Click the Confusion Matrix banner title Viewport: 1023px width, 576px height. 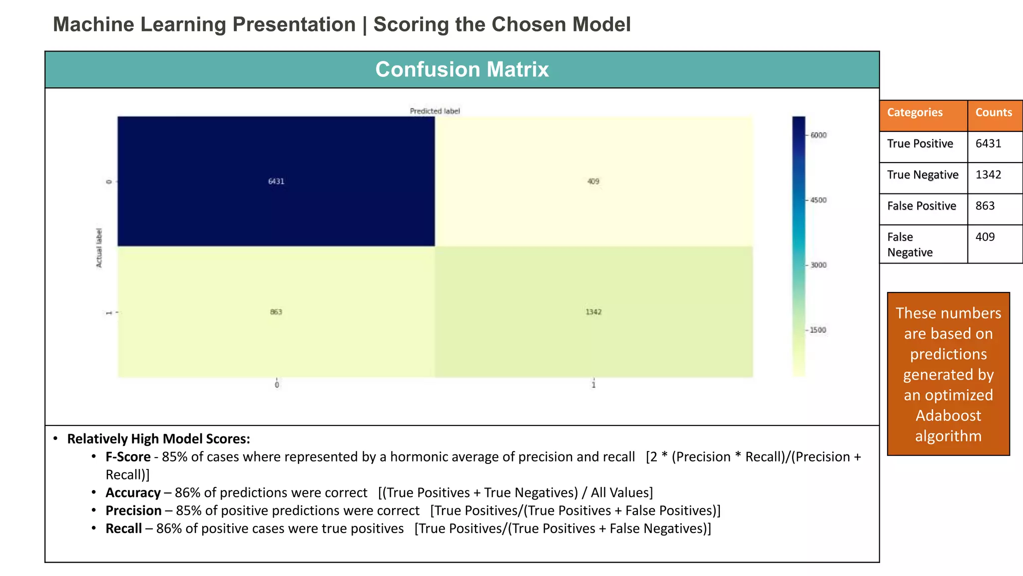pyautogui.click(x=462, y=69)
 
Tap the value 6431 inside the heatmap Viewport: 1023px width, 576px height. pyautogui.click(x=276, y=181)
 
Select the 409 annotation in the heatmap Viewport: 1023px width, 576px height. pyautogui.click(x=593, y=181)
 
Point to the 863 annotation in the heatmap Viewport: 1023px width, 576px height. pyautogui.click(x=276, y=312)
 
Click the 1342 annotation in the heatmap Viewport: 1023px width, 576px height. pyautogui.click(x=593, y=312)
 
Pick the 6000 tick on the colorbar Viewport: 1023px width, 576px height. pyautogui.click(x=818, y=135)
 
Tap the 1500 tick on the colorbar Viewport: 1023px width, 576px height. pyautogui.click(x=818, y=330)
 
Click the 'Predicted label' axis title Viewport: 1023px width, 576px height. pyautogui.click(x=435, y=111)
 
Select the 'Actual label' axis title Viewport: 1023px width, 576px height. pyautogui.click(x=99, y=247)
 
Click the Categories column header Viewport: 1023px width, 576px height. pyautogui.click(x=915, y=112)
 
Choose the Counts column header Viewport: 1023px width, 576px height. pyautogui.click(x=994, y=112)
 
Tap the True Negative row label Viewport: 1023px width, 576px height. pyautogui.click(x=923, y=175)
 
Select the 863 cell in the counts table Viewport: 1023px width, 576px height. pyautogui.click(x=985, y=206)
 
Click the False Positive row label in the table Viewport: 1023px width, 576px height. pyautogui.click(x=922, y=206)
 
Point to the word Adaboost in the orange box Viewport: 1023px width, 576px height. pyautogui.click(x=948, y=415)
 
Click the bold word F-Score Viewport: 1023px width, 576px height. pyautogui.click(x=128, y=457)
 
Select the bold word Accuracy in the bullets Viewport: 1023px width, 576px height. pyautogui.click(x=133, y=493)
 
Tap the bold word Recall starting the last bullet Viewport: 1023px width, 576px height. pyautogui.click(x=123, y=529)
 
